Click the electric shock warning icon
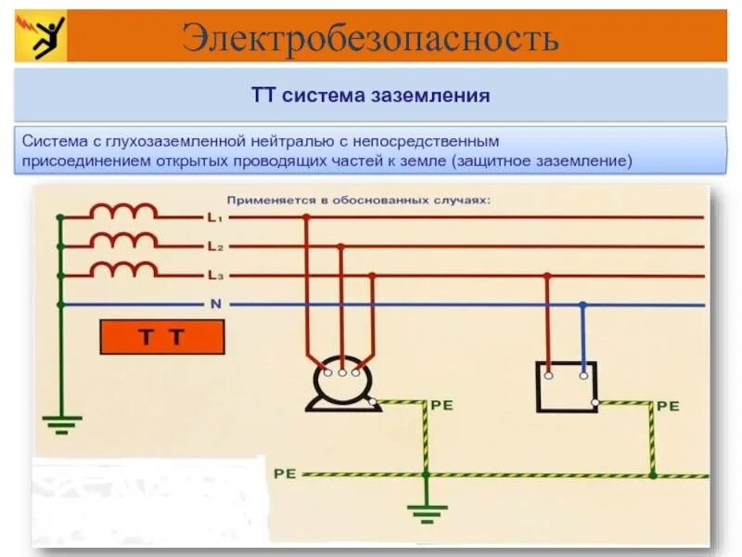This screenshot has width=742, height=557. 40,36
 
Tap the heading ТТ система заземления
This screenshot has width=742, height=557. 370,96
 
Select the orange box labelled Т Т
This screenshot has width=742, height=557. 161,338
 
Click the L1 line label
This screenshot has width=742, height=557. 213,218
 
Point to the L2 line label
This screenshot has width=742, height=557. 213,247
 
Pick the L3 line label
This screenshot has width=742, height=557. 213,276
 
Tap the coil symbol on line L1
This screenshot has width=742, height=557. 123,212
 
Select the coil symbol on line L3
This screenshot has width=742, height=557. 123,269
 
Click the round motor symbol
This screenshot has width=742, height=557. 340,382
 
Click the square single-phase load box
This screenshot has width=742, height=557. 566,386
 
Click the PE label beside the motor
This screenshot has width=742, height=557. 440,406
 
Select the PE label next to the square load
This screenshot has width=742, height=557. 668,407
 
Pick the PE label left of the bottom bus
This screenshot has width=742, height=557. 284,473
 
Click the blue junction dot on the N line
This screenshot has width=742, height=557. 582,304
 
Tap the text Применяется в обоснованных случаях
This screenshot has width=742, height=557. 358,200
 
